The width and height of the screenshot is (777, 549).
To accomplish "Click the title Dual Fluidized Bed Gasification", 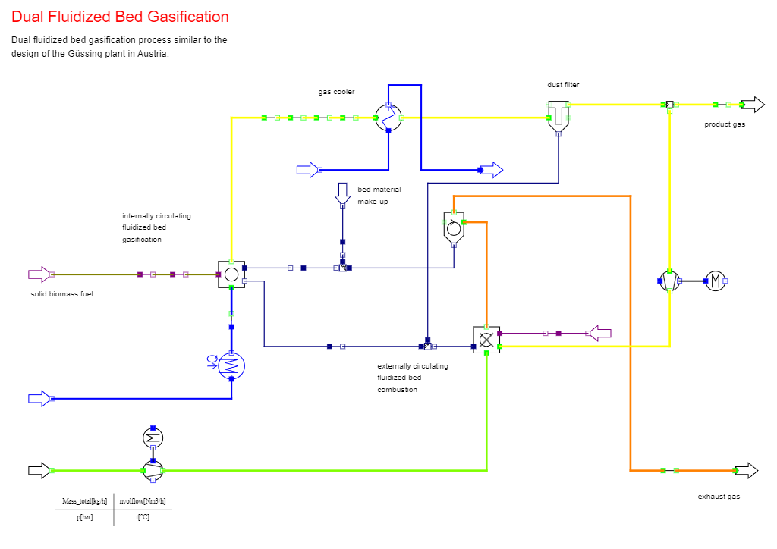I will coord(120,17).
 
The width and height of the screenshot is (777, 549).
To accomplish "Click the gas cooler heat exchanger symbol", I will coord(388,118).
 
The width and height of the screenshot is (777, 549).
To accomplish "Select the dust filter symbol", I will coord(558,114).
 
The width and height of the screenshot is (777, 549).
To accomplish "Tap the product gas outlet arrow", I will coord(753,105).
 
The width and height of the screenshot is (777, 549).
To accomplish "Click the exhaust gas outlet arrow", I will coord(747,471).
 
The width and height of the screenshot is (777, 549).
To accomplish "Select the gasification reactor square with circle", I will coord(231,274).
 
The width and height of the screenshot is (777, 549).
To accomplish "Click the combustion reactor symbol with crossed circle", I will coord(486,340).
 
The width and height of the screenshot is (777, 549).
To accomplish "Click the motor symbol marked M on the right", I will coord(716,281).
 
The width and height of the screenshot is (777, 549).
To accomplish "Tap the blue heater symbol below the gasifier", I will coord(231,365).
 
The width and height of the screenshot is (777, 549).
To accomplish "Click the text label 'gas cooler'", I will coord(336,92).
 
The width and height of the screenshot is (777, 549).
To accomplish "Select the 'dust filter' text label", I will coord(563,85).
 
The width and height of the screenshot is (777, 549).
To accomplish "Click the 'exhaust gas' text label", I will coord(719,497).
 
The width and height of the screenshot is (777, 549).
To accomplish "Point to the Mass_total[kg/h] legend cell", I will coord(83,501).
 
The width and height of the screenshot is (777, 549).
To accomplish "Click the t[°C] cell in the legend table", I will coord(143,517).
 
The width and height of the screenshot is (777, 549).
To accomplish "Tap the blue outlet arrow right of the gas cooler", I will coord(492,170).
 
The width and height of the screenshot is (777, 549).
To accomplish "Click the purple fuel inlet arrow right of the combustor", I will coord(600,333).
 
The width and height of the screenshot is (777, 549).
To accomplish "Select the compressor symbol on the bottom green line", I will coord(153,471).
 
